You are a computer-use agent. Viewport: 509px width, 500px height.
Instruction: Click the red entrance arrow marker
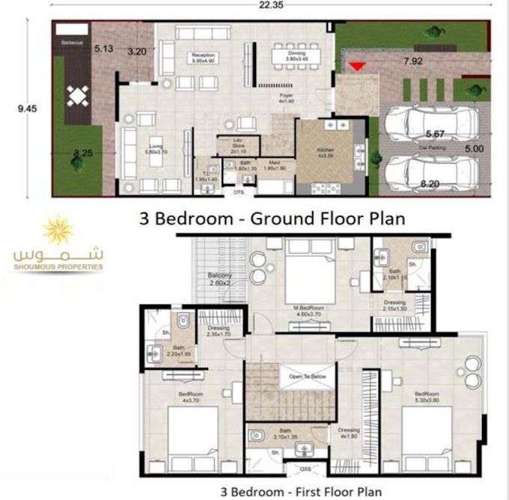coord(358,67)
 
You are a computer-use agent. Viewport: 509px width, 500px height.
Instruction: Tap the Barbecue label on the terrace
coord(72,43)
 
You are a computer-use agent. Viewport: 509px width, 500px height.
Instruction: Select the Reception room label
coord(204,58)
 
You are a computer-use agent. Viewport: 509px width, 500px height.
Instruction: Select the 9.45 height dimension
coord(28,108)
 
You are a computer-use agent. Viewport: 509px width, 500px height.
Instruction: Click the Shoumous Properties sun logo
coord(58,233)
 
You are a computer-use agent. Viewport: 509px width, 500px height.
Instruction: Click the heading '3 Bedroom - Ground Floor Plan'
coord(272,219)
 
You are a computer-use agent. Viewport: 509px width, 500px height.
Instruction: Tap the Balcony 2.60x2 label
coord(222,280)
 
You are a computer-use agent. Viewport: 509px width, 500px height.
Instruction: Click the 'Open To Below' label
coord(308,376)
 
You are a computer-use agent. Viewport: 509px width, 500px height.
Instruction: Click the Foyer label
coord(287,97)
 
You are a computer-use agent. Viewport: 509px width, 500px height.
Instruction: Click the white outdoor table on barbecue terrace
coord(79,97)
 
